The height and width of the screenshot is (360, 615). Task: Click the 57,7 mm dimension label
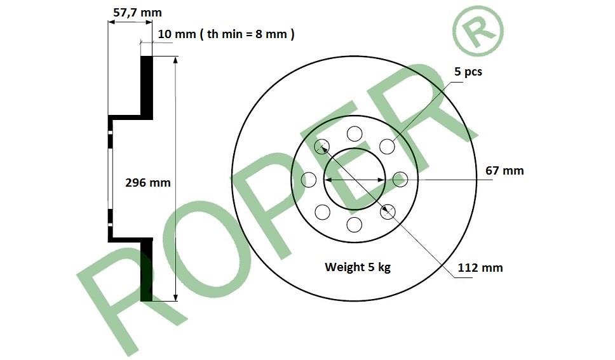tap(137, 13)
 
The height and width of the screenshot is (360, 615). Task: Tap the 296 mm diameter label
tap(148, 182)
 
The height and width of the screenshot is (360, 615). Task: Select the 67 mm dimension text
tap(504, 171)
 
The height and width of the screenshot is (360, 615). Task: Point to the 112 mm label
tap(480, 268)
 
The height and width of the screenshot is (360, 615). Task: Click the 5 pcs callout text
tap(468, 72)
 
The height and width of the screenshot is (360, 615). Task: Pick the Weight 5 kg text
tap(358, 267)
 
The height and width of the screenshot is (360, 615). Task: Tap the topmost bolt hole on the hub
tap(355, 134)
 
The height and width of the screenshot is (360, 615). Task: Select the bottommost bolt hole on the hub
tap(355, 225)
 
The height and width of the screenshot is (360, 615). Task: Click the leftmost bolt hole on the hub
tap(309, 180)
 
